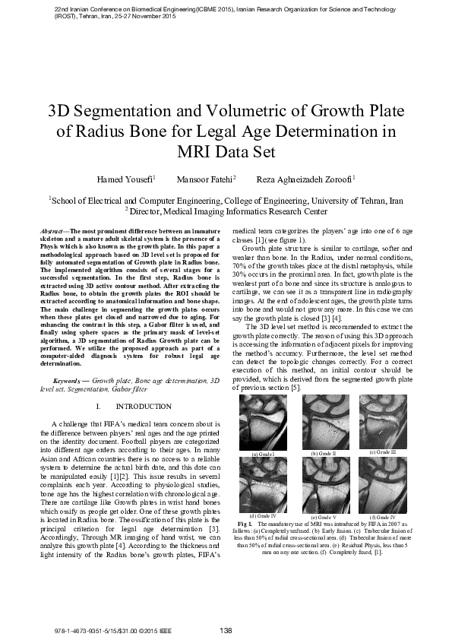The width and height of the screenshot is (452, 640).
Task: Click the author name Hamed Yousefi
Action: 126,179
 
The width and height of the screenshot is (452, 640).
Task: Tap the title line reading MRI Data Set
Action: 225,150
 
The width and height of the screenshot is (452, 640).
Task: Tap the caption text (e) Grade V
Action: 324,517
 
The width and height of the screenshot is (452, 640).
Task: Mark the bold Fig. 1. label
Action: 245,524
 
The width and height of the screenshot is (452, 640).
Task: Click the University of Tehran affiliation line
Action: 226,201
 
